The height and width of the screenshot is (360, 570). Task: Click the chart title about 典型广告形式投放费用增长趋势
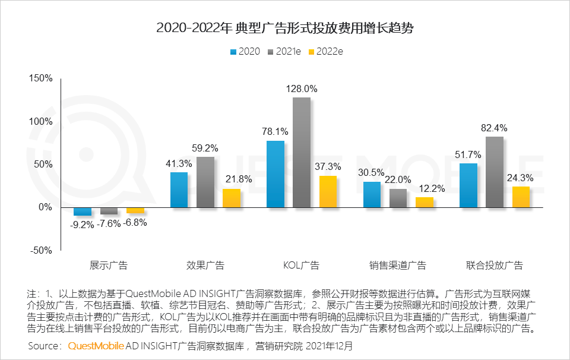[x=284, y=28]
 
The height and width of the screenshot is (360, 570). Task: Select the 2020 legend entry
[x=245, y=51]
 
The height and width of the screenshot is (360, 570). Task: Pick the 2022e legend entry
[x=326, y=51]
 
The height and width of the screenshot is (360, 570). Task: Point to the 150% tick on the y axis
[x=41, y=78]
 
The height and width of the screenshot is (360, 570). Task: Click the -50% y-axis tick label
[x=41, y=251]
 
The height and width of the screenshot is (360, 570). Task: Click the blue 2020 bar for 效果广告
[x=179, y=190]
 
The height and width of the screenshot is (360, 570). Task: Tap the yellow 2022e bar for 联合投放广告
[x=521, y=197]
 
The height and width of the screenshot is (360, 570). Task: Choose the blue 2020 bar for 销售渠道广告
[x=372, y=195]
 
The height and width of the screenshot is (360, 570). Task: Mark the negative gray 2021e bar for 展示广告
[x=109, y=211]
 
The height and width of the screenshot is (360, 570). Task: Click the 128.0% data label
[x=302, y=89]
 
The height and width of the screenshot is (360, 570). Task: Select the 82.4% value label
[x=495, y=128]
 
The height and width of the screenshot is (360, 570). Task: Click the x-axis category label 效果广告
[x=205, y=266]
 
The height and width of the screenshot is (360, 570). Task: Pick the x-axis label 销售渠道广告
[x=398, y=266]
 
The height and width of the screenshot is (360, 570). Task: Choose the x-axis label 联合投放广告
[x=495, y=266]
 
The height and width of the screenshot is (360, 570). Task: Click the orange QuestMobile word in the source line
[x=96, y=345]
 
